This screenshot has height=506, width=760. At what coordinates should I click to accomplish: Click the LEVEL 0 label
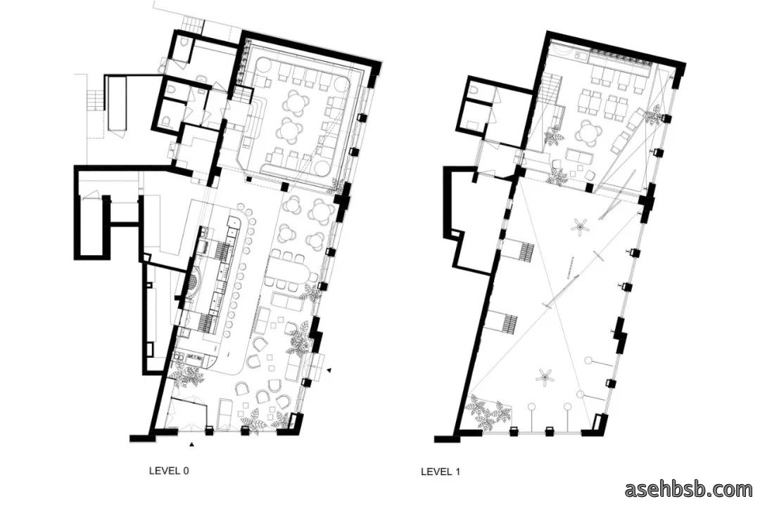[169, 470]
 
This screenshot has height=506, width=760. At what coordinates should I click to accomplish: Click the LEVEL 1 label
[440, 471]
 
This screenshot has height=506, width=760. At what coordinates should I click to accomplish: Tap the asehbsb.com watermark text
[688, 489]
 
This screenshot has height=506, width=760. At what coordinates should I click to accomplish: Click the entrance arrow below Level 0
[192, 443]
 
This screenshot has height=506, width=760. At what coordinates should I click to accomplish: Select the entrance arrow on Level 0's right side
[329, 370]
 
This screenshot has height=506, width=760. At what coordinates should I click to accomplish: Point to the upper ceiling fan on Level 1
[580, 226]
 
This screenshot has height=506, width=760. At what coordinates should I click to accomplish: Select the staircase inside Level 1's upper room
[550, 89]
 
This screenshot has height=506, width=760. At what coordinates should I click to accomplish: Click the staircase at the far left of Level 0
[95, 100]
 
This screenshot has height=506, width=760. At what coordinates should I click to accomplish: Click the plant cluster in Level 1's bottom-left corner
[488, 411]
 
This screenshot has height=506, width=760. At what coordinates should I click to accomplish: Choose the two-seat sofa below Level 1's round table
[580, 156]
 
